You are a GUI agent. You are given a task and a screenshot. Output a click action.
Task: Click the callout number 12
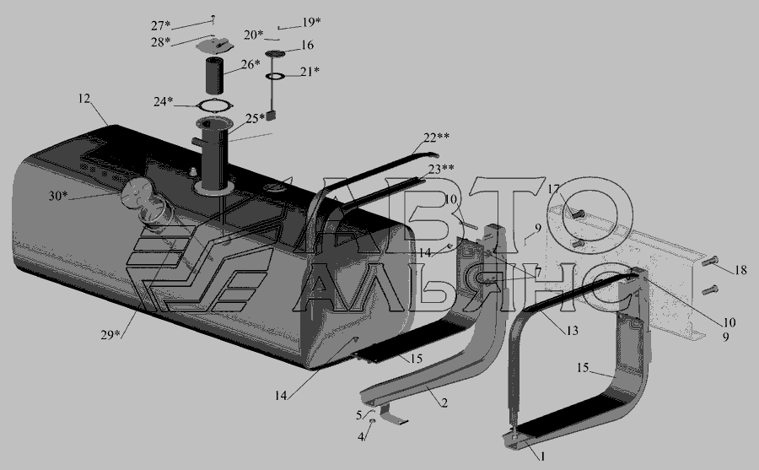click(x=84, y=99)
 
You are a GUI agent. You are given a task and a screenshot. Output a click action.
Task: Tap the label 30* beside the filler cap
click(x=58, y=196)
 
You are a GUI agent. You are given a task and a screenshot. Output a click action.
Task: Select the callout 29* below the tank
click(x=110, y=334)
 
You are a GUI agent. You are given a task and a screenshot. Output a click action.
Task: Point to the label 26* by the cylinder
click(x=250, y=63)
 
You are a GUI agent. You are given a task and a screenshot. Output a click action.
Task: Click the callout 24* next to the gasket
click(x=163, y=101)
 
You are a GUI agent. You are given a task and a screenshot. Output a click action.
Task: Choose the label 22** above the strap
click(x=437, y=138)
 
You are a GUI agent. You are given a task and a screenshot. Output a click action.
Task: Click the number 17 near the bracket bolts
click(x=554, y=189)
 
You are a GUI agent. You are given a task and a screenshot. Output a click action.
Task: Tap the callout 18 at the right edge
click(x=740, y=270)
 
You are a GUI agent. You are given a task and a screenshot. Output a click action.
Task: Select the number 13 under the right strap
click(x=572, y=331)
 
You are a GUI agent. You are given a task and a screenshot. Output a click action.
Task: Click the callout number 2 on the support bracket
click(x=444, y=402)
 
